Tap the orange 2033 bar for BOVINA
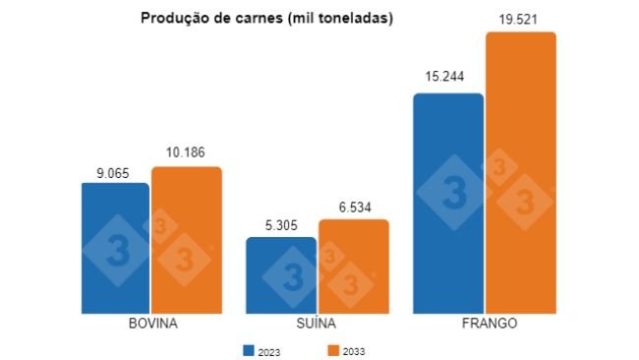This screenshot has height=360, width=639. click(x=187, y=240)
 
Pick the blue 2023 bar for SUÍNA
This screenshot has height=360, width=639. click(x=281, y=275)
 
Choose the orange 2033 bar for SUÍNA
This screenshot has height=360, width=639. click(x=353, y=266)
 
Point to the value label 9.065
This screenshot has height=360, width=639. click(x=115, y=171)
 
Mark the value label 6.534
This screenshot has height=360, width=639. click(x=353, y=207)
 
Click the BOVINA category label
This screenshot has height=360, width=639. click(x=152, y=324)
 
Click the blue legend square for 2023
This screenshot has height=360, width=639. click(x=249, y=349)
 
